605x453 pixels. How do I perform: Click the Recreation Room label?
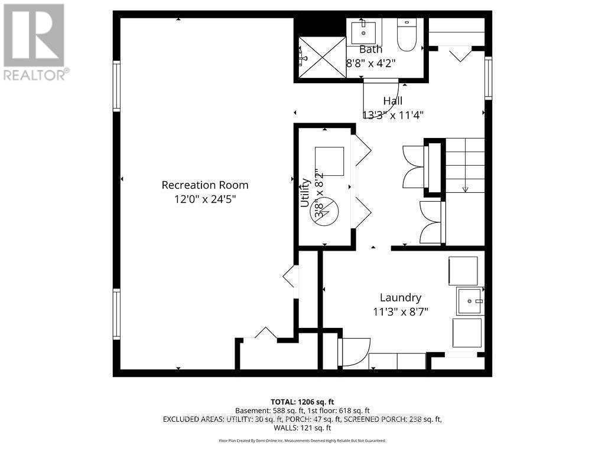205,185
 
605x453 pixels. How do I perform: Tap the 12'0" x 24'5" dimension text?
205,199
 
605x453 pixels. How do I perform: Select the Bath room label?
370,50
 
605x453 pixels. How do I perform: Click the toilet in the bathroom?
406,37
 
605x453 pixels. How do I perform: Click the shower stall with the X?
321,57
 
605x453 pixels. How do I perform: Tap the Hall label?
392,101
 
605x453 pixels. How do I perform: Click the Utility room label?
305,192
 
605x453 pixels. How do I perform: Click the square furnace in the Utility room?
329,161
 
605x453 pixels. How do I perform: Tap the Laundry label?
401,298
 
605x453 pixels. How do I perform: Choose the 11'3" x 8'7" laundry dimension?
401,312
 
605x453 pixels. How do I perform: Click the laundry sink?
470,301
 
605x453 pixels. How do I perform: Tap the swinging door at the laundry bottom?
354,352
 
